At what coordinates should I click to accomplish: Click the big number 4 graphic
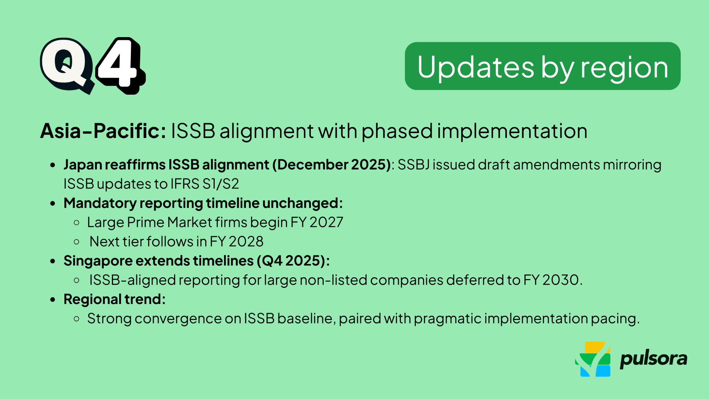click(119, 64)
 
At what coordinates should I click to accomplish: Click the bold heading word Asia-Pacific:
click(103, 131)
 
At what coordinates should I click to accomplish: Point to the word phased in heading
click(397, 131)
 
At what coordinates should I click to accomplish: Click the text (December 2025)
click(332, 165)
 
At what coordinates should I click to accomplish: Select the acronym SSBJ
click(413, 165)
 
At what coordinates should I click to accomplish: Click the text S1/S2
click(221, 184)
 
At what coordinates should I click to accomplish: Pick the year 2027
click(326, 222)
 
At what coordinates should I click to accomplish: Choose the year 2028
click(246, 242)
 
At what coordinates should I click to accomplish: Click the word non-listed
click(333, 280)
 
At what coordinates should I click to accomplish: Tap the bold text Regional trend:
click(115, 299)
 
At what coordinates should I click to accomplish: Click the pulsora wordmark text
click(653, 359)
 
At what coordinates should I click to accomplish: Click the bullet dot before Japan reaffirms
click(53, 165)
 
